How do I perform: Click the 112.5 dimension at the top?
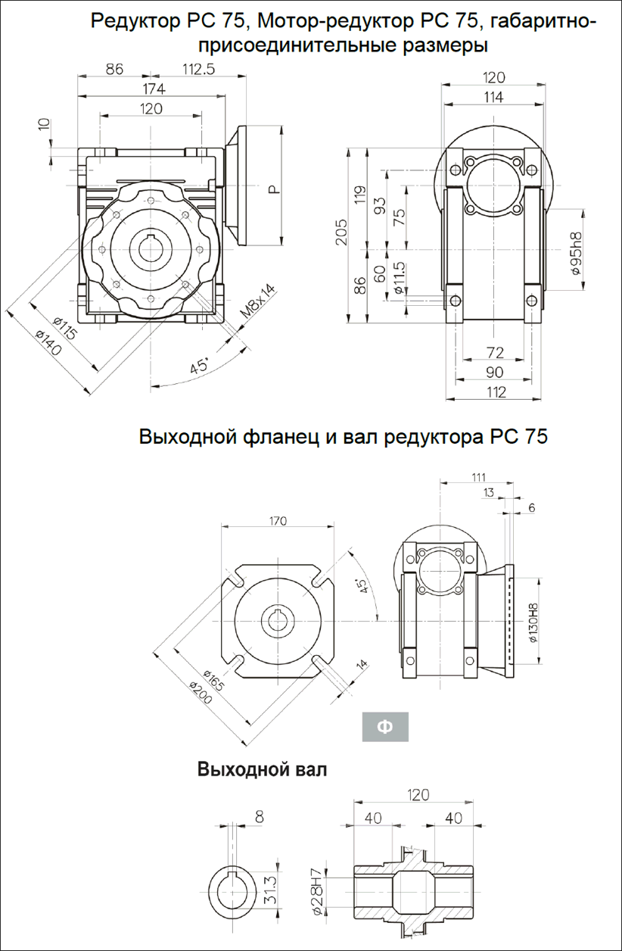click(199, 69)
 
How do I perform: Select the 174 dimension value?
click(154, 89)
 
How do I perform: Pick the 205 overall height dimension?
click(342, 234)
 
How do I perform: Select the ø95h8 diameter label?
click(574, 254)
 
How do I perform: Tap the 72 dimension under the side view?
click(494, 353)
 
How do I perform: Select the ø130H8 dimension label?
click(533, 622)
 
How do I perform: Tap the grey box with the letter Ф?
click(384, 727)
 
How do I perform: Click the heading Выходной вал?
click(262, 771)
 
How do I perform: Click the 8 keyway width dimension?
click(260, 816)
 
